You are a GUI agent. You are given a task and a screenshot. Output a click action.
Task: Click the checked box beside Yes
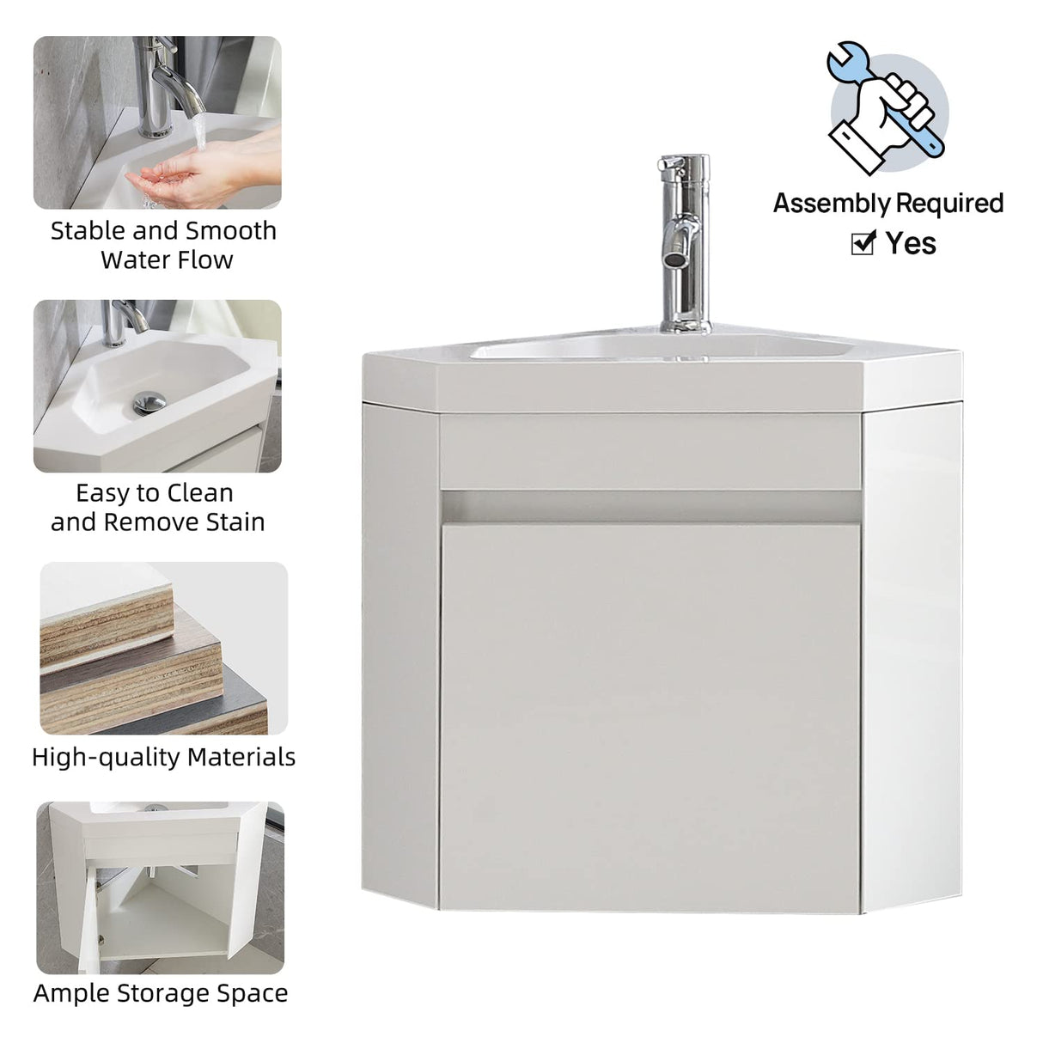tap(862, 244)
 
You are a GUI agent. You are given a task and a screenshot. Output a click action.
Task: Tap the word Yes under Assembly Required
tap(911, 243)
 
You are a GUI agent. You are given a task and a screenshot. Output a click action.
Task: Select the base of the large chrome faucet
tap(684, 326)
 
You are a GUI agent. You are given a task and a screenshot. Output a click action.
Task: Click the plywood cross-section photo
tap(163, 649)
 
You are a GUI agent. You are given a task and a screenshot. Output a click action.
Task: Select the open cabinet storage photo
tap(160, 887)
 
